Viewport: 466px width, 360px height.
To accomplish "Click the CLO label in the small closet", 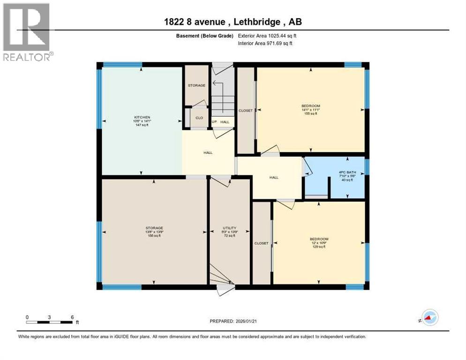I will pyautogui.click(x=199, y=118).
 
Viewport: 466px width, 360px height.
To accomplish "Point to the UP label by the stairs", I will pyautogui.click(x=215, y=122).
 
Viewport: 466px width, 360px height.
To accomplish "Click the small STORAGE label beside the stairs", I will pyautogui.click(x=196, y=85).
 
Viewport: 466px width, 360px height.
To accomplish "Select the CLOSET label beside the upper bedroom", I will pyautogui.click(x=246, y=111).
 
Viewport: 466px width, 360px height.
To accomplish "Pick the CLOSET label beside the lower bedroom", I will pyautogui.click(x=261, y=243).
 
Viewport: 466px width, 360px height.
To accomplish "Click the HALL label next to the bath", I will pyautogui.click(x=274, y=177).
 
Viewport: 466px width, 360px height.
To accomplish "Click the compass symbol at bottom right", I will pyautogui.click(x=429, y=318).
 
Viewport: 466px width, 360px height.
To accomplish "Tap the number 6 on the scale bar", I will pyautogui.click(x=72, y=317).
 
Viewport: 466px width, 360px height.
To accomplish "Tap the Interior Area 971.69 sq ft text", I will pyautogui.click(x=265, y=43).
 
